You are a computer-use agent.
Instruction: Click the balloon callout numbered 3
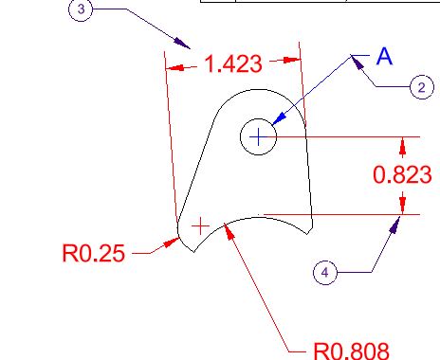(x=81, y=9)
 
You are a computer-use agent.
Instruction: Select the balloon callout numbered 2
(x=422, y=87)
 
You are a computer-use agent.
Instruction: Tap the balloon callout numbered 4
(x=325, y=272)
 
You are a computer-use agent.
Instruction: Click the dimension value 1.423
(x=233, y=63)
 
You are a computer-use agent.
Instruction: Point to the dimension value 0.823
(x=402, y=174)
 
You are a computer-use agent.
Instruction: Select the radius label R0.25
(x=94, y=253)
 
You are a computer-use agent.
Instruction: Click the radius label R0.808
(x=351, y=351)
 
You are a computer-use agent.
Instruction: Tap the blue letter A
(x=384, y=56)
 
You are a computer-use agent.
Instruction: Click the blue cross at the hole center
(x=259, y=136)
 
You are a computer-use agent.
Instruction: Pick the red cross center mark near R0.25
(x=200, y=226)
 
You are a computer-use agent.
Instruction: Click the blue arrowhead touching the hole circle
(x=279, y=119)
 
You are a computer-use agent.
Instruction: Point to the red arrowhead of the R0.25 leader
(x=172, y=243)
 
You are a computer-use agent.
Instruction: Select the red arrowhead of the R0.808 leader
(x=229, y=230)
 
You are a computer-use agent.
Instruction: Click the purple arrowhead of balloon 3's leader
(x=182, y=43)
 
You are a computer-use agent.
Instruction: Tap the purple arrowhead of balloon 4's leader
(x=394, y=225)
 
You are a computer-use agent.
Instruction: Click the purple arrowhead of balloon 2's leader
(x=357, y=62)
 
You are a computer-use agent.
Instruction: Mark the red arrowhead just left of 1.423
(x=174, y=67)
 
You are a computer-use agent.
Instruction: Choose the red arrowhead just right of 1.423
(x=291, y=60)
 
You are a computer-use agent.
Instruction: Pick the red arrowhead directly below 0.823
(x=402, y=206)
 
